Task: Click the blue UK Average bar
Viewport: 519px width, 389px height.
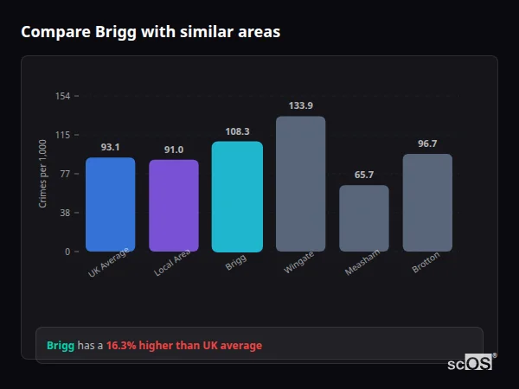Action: tap(110, 204)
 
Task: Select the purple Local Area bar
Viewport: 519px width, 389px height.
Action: tap(173, 206)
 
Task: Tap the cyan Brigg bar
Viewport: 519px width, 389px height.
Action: tap(237, 196)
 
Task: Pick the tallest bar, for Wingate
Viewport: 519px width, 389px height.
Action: tap(300, 183)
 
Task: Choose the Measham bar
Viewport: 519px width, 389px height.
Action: tap(363, 218)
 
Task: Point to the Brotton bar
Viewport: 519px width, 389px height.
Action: tap(427, 202)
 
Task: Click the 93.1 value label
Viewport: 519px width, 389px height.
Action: tap(110, 147)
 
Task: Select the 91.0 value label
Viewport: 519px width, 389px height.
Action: tap(173, 150)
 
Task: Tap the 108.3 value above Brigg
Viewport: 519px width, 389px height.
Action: tap(237, 131)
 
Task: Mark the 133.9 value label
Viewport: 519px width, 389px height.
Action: tap(300, 105)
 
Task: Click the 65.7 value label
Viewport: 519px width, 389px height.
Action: tap(363, 175)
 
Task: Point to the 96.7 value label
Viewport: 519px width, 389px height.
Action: tap(427, 143)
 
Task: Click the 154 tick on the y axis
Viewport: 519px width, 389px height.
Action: tap(62, 96)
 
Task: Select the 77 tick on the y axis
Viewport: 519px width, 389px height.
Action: tap(65, 174)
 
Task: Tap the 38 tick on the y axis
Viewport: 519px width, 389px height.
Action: tap(65, 213)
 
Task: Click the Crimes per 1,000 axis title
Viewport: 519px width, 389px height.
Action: tap(42, 173)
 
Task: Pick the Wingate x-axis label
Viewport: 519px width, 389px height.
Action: tap(299, 262)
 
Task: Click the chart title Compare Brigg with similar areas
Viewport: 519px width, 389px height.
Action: tap(151, 32)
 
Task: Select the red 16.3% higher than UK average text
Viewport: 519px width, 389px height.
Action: tap(184, 346)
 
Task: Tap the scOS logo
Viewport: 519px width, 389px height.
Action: tap(471, 364)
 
